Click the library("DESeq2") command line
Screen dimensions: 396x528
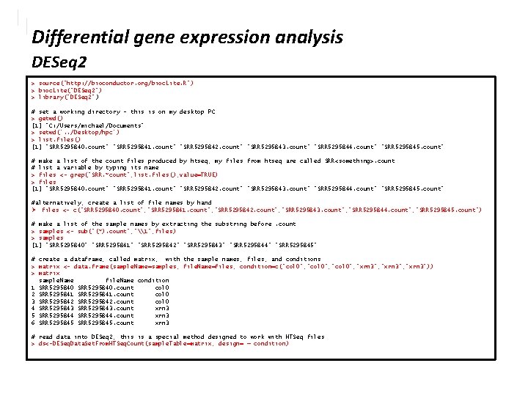70,97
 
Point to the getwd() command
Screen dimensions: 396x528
51,117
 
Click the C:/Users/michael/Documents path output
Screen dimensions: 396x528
84,125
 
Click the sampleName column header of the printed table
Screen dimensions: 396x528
56,280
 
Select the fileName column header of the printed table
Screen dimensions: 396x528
120,280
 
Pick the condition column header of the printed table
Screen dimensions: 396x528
153,280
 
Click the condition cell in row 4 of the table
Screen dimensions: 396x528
162,309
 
